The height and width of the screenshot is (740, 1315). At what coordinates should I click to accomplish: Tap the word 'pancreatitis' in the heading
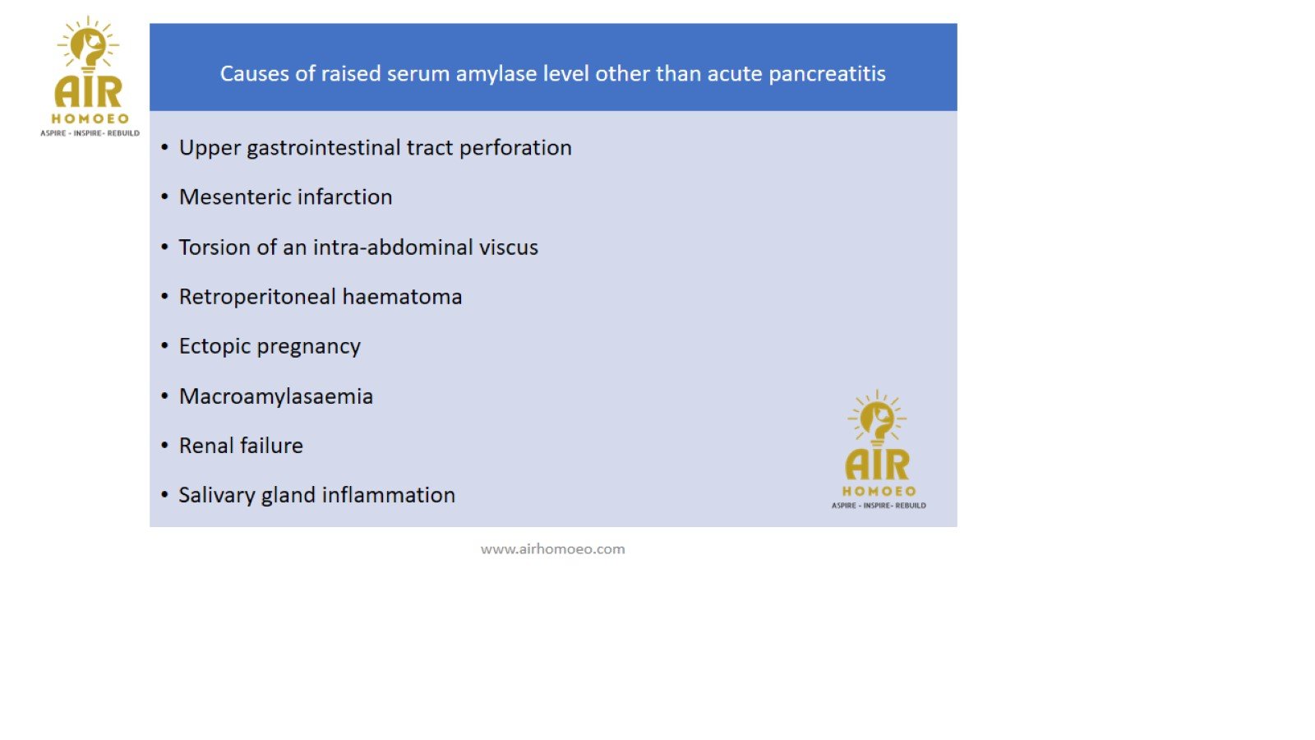pos(827,74)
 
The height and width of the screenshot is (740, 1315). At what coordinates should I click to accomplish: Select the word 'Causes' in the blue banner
pos(255,73)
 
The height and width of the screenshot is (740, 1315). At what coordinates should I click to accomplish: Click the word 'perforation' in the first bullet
pos(514,148)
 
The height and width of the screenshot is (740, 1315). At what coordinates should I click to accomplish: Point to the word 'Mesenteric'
pos(232,197)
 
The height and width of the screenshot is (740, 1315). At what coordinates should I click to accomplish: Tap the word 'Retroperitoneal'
pos(257,297)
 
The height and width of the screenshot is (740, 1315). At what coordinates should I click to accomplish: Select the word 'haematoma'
pos(402,297)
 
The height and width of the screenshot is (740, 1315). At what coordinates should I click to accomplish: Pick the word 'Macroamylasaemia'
pos(276,396)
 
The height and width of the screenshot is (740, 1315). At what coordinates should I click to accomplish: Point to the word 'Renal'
pos(206,446)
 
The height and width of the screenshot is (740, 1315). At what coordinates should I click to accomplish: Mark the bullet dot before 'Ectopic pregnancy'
pos(165,346)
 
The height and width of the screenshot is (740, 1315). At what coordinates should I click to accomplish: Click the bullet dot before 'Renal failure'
pos(165,445)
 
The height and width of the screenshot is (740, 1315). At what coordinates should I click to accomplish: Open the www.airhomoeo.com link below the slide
pos(552,549)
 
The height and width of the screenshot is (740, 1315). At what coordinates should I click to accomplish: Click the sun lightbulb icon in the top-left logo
pos(88,44)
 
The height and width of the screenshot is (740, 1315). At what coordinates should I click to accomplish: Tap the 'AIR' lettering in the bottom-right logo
pos(877,465)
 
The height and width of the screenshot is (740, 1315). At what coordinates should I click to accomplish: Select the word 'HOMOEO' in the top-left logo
pos(90,119)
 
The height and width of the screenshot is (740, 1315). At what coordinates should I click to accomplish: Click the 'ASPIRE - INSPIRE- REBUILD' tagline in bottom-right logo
pos(879,506)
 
